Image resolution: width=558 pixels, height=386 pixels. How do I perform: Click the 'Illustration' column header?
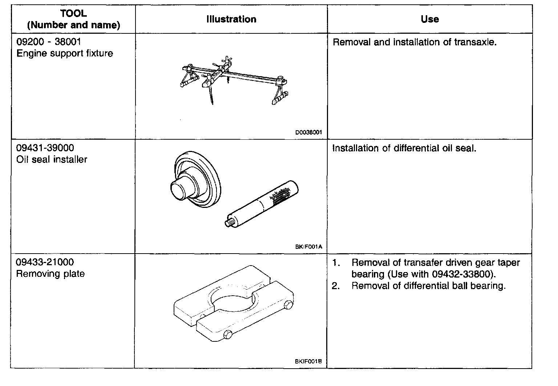point(231,19)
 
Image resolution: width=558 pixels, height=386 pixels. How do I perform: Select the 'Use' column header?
point(430,19)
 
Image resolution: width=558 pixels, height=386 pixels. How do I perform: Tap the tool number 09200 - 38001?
point(49,42)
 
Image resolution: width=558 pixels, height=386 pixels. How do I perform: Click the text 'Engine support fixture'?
point(65,53)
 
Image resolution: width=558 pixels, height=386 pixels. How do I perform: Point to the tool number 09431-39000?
point(45,148)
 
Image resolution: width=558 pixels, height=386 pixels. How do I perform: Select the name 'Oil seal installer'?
point(52,159)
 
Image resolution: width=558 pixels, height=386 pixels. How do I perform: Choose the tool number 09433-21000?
point(45,262)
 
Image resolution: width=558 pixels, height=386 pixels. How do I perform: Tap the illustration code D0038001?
point(308,133)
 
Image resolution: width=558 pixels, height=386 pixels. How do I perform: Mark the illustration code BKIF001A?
point(308,247)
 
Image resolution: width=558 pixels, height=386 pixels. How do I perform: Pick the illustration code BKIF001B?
point(308,361)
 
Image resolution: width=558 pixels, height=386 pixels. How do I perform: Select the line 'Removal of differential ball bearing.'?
point(428,286)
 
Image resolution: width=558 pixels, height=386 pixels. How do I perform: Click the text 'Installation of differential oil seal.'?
point(404,148)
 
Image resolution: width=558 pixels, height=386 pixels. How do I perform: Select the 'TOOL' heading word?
point(74,14)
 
